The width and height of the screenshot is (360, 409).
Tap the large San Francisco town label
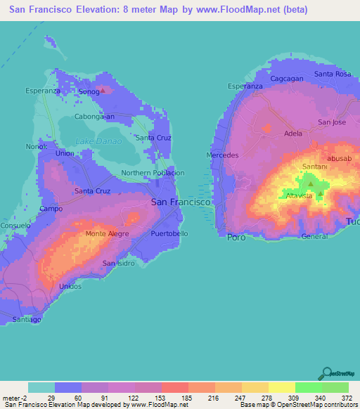[x=181, y=202]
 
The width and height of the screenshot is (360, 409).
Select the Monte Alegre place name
[x=105, y=234]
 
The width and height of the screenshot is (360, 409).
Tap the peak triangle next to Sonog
[x=104, y=90]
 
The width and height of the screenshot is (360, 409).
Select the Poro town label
[x=236, y=238]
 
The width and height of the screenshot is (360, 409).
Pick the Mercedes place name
[x=223, y=155]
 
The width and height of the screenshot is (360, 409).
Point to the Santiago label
[x=27, y=320]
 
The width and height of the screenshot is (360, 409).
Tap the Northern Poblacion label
[x=153, y=173]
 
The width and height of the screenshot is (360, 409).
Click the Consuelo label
[x=14, y=226]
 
